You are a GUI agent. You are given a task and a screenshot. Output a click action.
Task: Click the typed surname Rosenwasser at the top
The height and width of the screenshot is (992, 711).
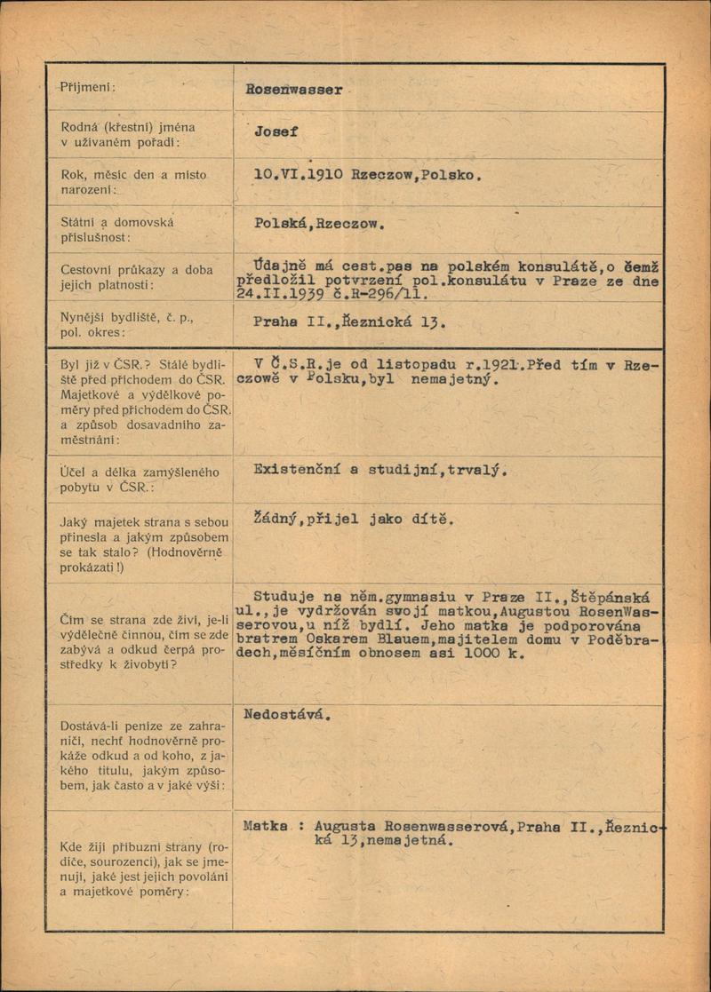click(294, 90)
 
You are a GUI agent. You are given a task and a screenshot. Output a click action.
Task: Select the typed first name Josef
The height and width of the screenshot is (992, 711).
click(276, 131)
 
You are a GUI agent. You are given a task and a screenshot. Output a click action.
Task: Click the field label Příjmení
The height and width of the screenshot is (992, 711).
click(88, 87)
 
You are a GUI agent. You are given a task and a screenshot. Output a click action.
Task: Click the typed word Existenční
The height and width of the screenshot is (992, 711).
click(298, 471)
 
